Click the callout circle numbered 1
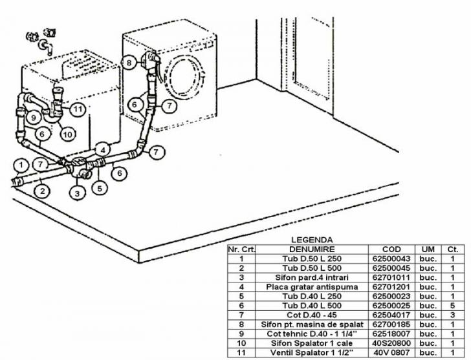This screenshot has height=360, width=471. pos(21,164)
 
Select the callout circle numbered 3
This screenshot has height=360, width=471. pos(77,192)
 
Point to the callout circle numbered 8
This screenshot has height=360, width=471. pos(129,63)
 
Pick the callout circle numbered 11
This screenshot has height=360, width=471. pos(77,109)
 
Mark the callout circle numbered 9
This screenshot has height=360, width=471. pos(32,118)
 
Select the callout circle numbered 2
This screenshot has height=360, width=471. pos(42,191)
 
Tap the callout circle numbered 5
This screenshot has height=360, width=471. pos(100,188)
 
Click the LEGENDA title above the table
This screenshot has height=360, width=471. pos(312,239)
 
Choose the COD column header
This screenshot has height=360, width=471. pos(391,249)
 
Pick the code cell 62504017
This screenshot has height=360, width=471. pos(391,315)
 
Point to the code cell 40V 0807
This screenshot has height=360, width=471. pos(391,353)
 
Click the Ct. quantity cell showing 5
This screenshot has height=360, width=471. pos(452,305)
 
